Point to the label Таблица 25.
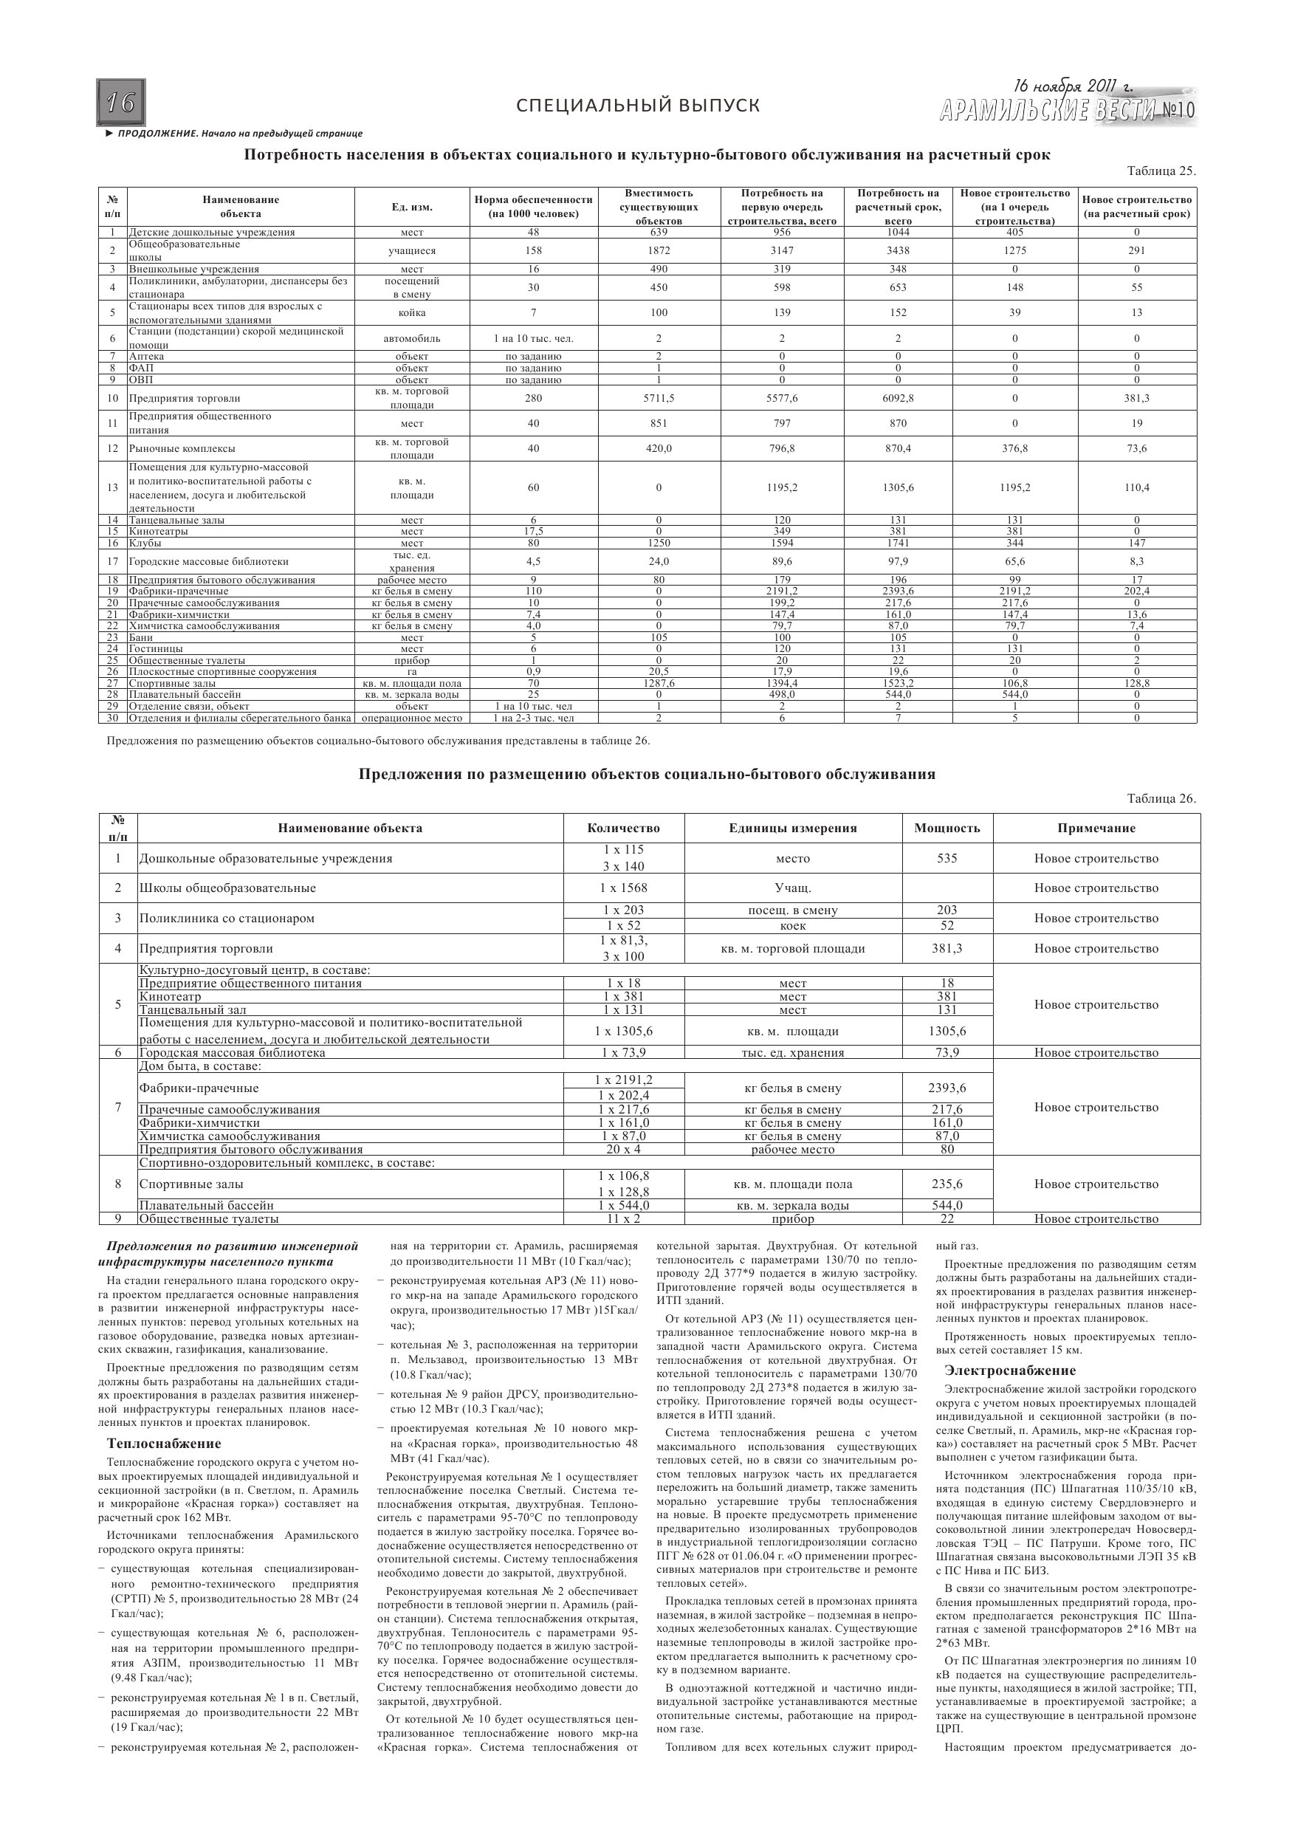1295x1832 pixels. [1161, 171]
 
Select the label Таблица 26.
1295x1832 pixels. [1161, 799]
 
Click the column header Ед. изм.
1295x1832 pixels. [412, 207]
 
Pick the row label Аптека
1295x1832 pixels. [147, 356]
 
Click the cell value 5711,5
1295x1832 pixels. [659, 398]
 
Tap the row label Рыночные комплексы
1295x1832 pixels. [182, 448]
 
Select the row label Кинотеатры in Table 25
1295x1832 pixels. [159, 532]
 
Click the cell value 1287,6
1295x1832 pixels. [659, 683]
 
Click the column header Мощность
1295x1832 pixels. [947, 828]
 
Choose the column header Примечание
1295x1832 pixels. [1096, 828]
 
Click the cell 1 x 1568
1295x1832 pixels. [624, 888]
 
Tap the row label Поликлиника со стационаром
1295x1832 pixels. [227, 919]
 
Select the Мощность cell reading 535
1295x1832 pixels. [947, 859]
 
